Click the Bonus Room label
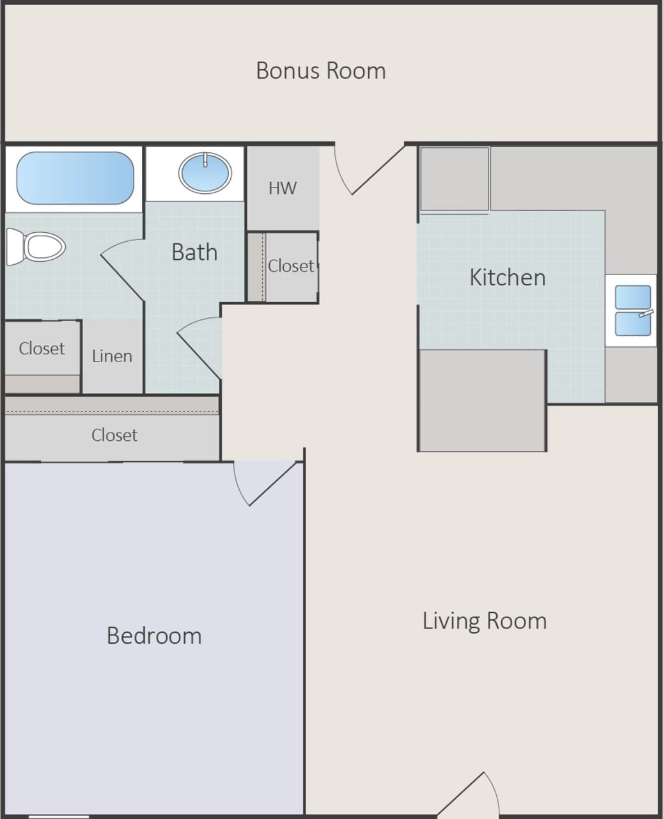point(321,70)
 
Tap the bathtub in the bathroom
point(74,178)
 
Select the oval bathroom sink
point(205,173)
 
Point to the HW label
point(283,188)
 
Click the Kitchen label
point(507,278)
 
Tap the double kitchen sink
point(632,311)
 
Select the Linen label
point(112,356)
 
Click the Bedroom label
point(154,635)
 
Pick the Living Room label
point(484,621)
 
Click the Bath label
point(194,252)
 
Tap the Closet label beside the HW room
point(291,266)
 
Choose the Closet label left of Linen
point(42,349)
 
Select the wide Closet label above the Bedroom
point(114,435)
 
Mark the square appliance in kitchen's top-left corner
point(455,179)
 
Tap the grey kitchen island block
point(482,400)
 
